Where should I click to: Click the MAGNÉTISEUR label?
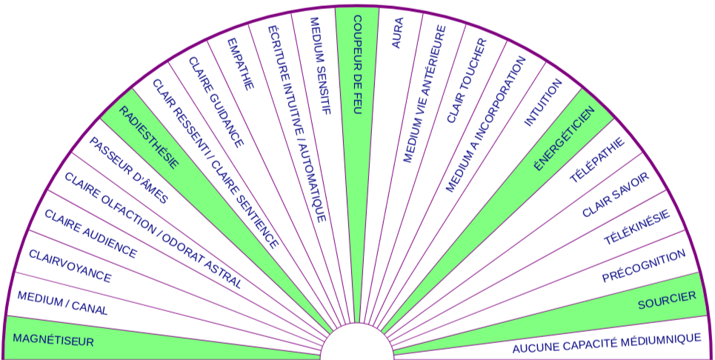pos(53,340)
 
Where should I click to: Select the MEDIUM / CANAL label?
pos(62,303)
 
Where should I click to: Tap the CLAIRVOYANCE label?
pos(70,266)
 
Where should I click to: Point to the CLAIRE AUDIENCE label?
pos(90,234)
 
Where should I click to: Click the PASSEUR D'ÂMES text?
pos(128,170)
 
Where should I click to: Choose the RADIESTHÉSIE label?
pos(149,138)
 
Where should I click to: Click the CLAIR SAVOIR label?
pos(615,194)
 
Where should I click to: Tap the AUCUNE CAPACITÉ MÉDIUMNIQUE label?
pos(606,343)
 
